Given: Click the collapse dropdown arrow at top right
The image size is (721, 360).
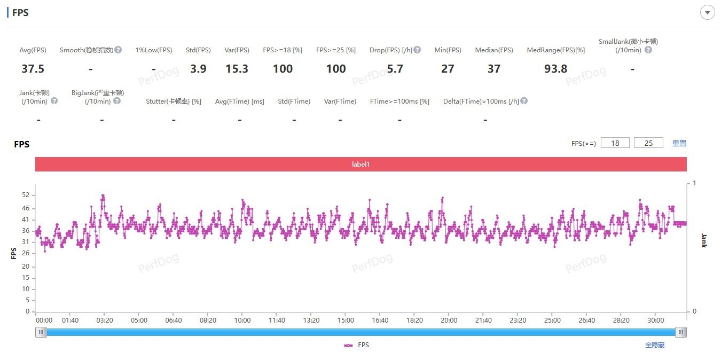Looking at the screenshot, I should coord(708,13).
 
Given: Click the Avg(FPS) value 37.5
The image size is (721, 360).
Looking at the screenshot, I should coord(33,69).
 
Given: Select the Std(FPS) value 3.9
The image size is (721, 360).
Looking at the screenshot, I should coord(198,69).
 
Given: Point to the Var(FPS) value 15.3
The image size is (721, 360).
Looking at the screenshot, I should coord(237,69).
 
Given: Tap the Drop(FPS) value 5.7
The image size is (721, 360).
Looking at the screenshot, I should coord(395,69).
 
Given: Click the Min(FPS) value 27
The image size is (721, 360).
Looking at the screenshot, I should coord(448,69).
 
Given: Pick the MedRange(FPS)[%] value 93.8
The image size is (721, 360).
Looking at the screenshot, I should coord(555,69).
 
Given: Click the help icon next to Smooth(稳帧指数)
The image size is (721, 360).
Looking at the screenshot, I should coord(118,50).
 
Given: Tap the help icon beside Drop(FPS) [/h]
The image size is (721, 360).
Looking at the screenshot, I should coord(417,50).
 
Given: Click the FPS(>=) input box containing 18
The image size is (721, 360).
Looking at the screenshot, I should coord(615,143).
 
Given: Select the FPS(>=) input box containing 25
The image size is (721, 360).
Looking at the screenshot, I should coord(648,143).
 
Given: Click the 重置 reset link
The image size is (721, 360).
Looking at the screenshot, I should coord(679,143).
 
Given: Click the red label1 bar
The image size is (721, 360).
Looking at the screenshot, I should coord(361,165).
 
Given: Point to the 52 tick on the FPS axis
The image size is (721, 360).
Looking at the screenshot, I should coord(26,195).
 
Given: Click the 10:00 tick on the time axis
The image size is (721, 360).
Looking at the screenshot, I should coord(242,320).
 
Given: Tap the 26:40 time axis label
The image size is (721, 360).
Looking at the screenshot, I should coord(586,320).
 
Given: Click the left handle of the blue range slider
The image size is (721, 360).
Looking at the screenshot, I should coord(41,332).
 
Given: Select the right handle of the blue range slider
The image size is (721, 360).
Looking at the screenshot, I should coord(680,332).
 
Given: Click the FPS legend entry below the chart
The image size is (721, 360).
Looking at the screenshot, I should coord(357,345).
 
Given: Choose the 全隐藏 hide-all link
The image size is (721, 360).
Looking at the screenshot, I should coord(655,345).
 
